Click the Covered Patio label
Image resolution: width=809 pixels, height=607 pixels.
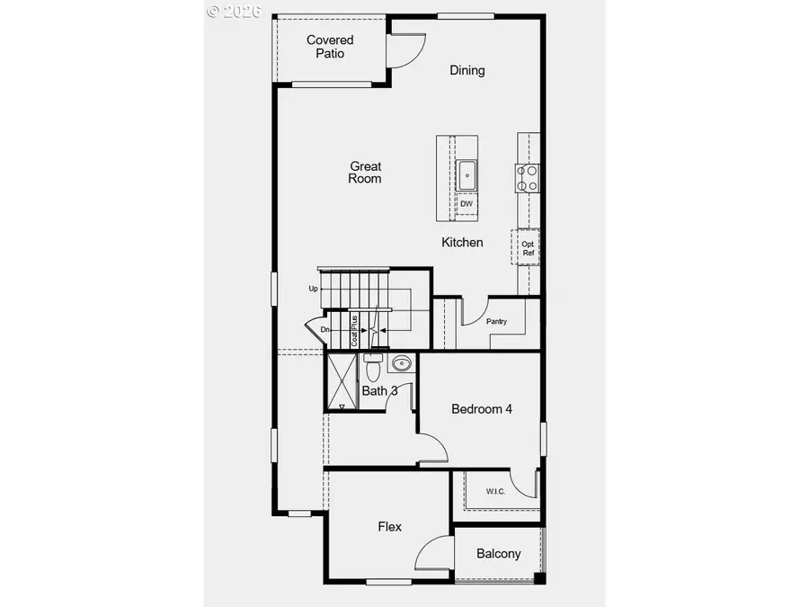tap(330, 47)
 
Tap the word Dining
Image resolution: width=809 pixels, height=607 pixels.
tap(467, 70)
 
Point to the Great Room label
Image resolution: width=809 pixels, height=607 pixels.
tap(366, 172)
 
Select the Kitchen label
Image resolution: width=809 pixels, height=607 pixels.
tap(462, 242)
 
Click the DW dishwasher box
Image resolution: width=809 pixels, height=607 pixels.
tap(467, 204)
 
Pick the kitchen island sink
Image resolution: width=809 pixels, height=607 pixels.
tap(467, 174)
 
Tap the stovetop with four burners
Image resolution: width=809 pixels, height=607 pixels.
tap(527, 178)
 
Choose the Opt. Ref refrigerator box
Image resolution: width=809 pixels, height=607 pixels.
tap(528, 247)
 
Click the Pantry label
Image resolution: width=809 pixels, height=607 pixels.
tap(496, 321)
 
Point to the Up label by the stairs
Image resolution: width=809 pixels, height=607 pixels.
tap(313, 289)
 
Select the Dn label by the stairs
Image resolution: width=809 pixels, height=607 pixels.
tap(324, 330)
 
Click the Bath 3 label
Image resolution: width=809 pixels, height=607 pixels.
tap(380, 391)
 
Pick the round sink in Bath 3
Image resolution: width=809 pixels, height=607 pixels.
tap(402, 364)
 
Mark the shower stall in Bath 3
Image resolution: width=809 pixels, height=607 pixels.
tap(342, 381)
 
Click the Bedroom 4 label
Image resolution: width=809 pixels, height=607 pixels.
tap(482, 408)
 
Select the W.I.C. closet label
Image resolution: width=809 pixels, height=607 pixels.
tap(495, 491)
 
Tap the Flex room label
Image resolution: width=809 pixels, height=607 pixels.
tap(389, 526)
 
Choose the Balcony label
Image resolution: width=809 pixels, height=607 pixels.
tap(498, 554)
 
